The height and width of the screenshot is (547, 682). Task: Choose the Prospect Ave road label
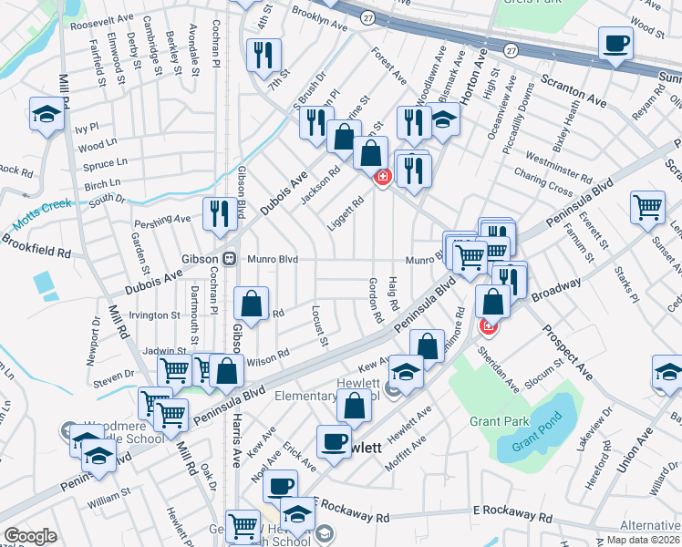tap(566, 352)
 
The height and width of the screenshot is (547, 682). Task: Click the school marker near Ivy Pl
tap(46, 114)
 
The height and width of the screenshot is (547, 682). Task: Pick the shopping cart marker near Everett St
tap(647, 206)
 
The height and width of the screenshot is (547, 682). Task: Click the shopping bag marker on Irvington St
tap(251, 303)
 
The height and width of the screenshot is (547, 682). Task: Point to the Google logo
tap(30, 535)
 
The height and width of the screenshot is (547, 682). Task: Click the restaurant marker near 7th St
tap(263, 54)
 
